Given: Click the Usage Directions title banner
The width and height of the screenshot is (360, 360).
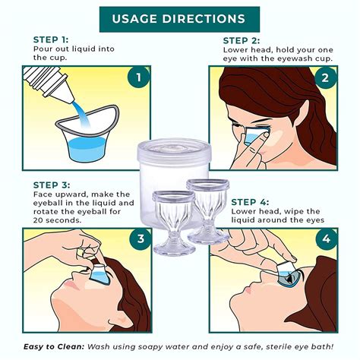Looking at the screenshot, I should point(179,18).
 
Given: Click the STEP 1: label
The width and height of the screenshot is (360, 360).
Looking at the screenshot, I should point(51,39).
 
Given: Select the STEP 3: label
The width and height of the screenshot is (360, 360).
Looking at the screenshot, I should point(51,185).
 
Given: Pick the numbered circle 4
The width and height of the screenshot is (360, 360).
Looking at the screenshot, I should point(326,240).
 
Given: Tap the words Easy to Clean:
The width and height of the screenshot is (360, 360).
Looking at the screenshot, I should point(52,347).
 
